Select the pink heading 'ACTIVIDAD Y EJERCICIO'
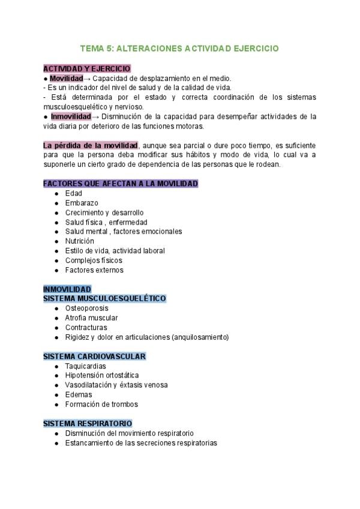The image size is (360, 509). pos(87,69)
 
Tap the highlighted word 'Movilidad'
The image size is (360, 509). pos(66,79)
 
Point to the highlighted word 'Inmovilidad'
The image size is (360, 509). pos(70,116)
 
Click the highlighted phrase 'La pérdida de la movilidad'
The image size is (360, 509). pos(91,145)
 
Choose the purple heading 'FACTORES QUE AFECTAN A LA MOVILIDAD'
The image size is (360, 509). pos(121,184)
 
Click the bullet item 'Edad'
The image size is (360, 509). pos(74,193)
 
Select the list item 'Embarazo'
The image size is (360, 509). pos(82,203)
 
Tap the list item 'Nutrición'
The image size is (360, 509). pos(80,241)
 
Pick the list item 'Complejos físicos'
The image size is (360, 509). pos(94,261)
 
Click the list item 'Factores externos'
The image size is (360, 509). pos(94,270)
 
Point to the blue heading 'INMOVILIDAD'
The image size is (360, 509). pos(67,289)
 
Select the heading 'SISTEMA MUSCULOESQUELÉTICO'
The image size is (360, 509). pos(104,298)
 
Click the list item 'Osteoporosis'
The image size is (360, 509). pos(87,309)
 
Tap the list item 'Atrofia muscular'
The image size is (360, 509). pos(91,318)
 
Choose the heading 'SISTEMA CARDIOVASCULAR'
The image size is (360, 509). pos(95,357)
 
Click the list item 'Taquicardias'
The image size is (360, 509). pos(86,366)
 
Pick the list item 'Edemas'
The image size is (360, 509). pos(79,395)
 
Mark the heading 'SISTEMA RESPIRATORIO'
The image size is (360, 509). pos(88,424)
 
